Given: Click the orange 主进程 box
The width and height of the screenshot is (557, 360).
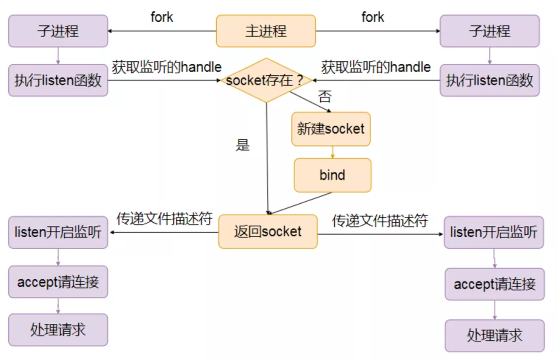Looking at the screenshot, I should coord(266,31).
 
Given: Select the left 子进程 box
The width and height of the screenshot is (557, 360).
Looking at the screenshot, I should coord(58,31).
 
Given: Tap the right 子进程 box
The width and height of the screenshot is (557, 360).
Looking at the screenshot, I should coord(489,31).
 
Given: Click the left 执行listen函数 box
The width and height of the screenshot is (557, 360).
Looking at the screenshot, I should coord(58,80).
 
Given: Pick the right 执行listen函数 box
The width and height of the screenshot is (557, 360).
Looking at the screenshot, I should coord(489,80).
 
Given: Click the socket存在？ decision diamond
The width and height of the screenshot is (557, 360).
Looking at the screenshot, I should coord(266,80).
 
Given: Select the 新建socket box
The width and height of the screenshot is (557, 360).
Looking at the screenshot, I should coord(331,129).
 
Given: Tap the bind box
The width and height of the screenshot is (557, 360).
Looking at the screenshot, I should coord(332,175).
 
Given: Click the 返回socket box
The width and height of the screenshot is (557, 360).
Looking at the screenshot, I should coord(268,232).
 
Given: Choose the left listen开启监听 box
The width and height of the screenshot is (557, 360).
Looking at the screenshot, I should coord(58,233).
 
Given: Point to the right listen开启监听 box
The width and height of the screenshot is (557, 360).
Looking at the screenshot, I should coord(494,233).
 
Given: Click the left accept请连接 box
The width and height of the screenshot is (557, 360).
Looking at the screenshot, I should coord(58,282).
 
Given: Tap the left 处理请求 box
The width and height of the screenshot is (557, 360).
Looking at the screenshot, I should coord(58,330).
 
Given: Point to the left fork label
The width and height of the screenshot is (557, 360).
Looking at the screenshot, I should coord(162,17).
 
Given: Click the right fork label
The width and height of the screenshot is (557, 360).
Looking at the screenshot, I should coord(372,17).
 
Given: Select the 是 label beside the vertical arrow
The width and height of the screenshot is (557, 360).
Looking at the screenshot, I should coord(242,145).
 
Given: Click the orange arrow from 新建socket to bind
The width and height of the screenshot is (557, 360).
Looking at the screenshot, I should coord(332,152).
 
